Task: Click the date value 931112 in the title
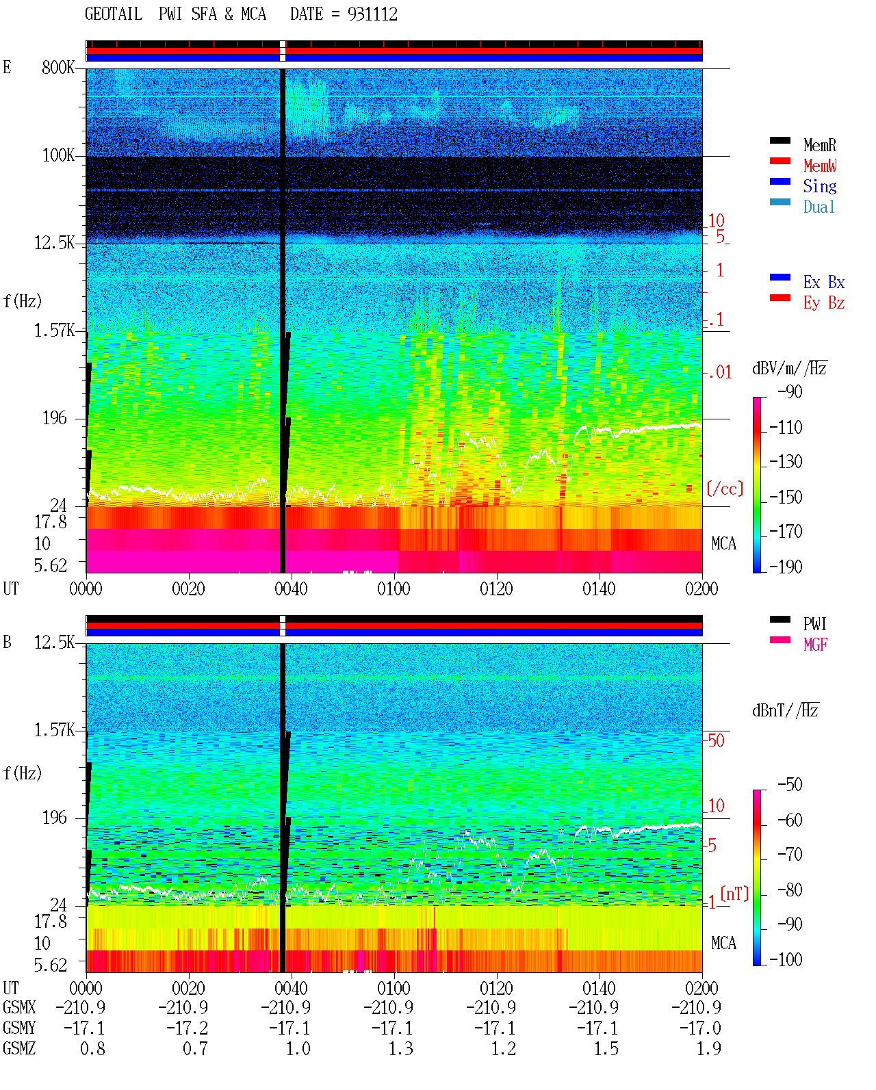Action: click(x=372, y=14)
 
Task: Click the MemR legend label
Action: click(x=819, y=145)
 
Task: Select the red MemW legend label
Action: click(x=819, y=166)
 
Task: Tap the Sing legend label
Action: click(x=819, y=186)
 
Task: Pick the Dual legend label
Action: click(x=819, y=207)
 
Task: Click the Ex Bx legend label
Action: click(x=823, y=282)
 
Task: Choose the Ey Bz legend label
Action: click(x=823, y=303)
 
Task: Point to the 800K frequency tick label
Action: click(x=58, y=67)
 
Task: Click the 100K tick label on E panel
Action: click(x=58, y=155)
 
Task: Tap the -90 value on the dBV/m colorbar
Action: click(x=790, y=391)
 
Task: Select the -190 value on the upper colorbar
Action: click(x=786, y=567)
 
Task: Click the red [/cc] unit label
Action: click(x=725, y=489)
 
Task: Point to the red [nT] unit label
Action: click(x=734, y=894)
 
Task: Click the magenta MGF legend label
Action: click(x=815, y=645)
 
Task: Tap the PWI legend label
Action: click(x=815, y=624)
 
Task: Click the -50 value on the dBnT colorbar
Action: click(x=790, y=785)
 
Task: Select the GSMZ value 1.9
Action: click(x=708, y=1048)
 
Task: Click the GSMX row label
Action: click(x=19, y=1007)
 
